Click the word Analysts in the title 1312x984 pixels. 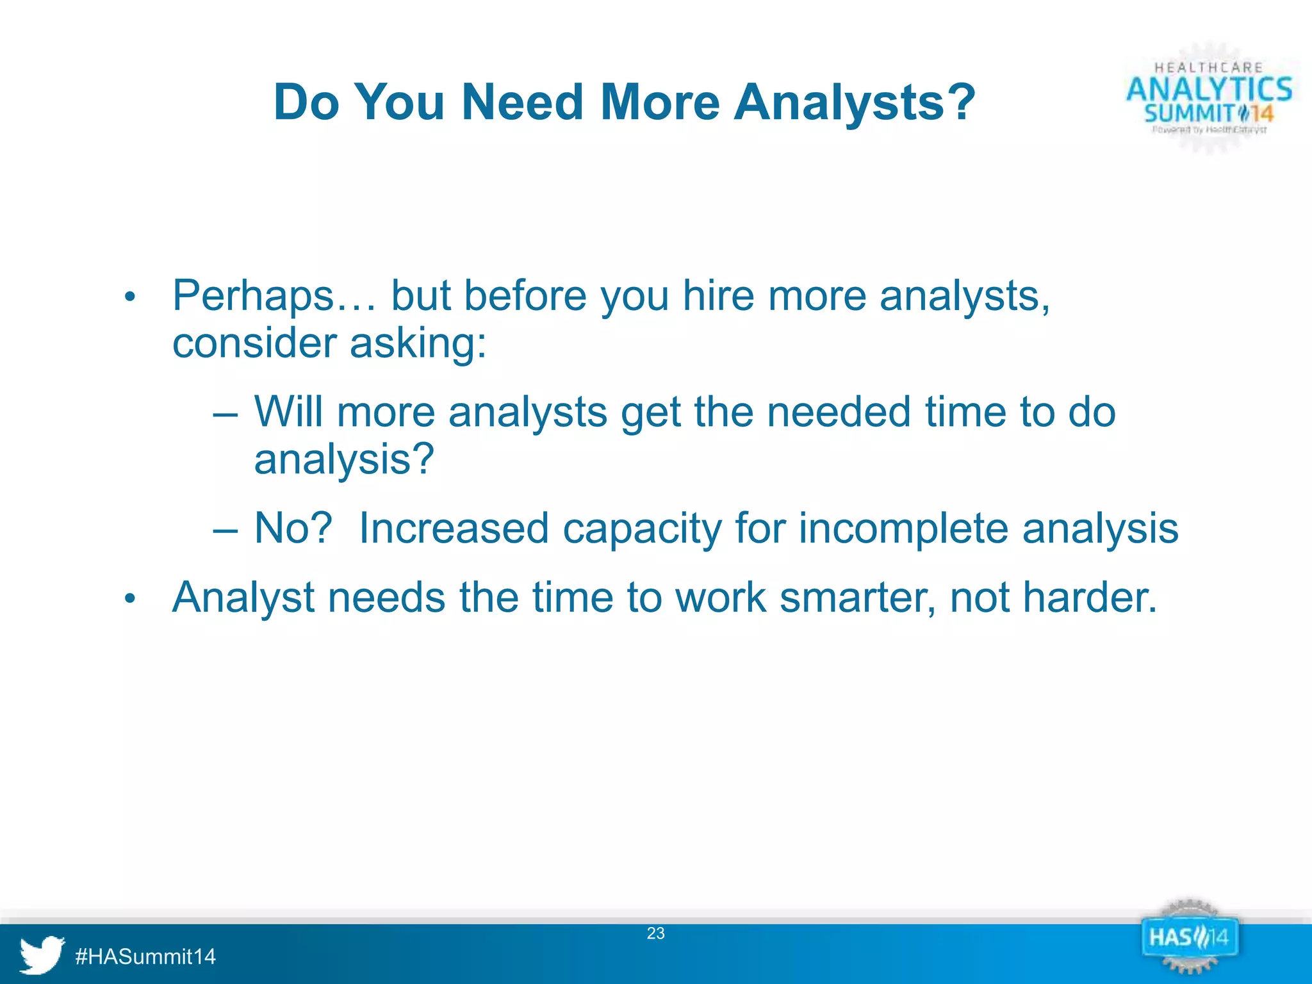point(855,102)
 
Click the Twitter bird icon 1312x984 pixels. point(42,954)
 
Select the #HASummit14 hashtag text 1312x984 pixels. point(145,956)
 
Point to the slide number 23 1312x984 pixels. point(655,933)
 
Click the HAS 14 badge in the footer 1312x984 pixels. point(1189,938)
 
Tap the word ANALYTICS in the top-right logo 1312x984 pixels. point(1209,89)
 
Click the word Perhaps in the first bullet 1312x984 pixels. point(253,297)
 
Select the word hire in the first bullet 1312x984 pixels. point(718,297)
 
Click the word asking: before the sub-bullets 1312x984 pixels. point(418,343)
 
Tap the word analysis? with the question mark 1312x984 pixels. point(344,459)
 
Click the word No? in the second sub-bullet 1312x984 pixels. point(293,529)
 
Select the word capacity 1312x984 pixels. point(642,530)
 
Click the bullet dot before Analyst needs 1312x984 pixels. point(130,599)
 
